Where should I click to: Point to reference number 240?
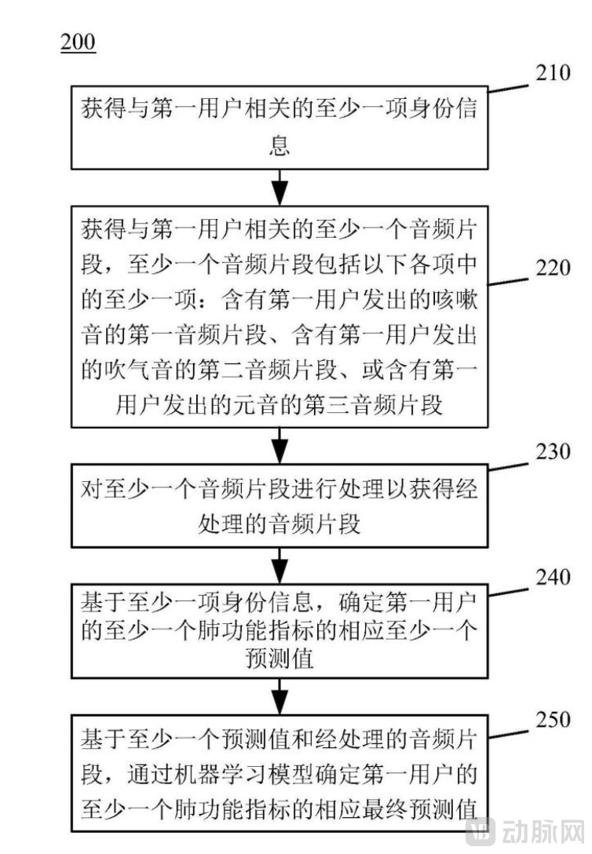tap(551, 578)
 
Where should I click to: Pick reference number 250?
tap(551, 720)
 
